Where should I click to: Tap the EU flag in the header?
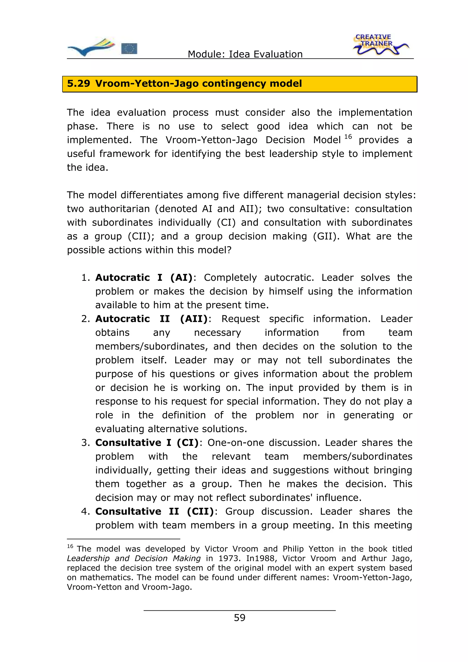tap(129, 48)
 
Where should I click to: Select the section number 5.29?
tap(78, 84)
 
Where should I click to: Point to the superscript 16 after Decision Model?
tap(348, 137)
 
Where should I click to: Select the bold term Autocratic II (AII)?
tap(151, 319)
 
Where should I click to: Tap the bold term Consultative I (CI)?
tap(147, 442)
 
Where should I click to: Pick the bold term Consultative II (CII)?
tap(154, 511)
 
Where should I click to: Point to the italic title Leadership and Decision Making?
tap(133, 559)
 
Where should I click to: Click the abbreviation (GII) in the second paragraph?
tap(326, 236)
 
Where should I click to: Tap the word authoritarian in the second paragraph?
tap(119, 209)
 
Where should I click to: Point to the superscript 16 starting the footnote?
tap(70, 546)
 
